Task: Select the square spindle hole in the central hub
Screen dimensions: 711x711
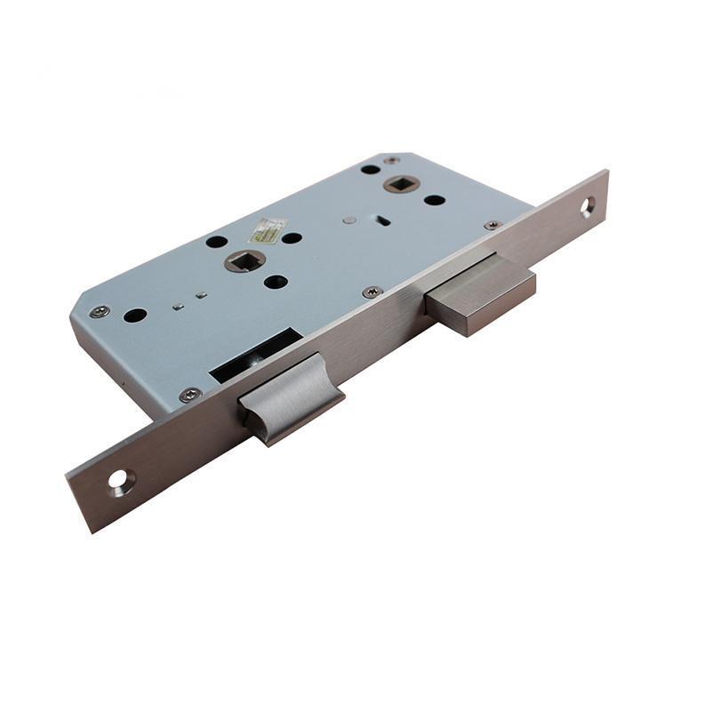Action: click(x=244, y=260)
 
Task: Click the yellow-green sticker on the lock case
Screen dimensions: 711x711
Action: click(x=268, y=230)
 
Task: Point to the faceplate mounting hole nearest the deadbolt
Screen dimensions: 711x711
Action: click(x=587, y=207)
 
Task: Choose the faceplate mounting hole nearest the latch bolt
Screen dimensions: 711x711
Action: click(x=119, y=482)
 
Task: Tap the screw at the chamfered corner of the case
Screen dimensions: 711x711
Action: click(x=100, y=311)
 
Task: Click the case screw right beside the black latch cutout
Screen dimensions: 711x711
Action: click(x=189, y=395)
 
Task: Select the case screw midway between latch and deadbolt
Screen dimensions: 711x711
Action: click(x=372, y=292)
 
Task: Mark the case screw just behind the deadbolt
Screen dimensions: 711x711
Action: click(x=491, y=226)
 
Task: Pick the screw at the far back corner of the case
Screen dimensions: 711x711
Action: click(x=391, y=161)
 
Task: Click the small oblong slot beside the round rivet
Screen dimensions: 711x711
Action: click(x=380, y=220)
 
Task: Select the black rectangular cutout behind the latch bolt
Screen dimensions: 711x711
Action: click(x=253, y=355)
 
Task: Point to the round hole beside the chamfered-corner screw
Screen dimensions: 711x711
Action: click(x=135, y=315)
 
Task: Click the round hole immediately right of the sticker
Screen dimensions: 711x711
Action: click(x=292, y=237)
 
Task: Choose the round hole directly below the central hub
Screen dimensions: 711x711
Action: click(x=276, y=282)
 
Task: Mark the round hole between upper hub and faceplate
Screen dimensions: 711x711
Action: click(x=434, y=199)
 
